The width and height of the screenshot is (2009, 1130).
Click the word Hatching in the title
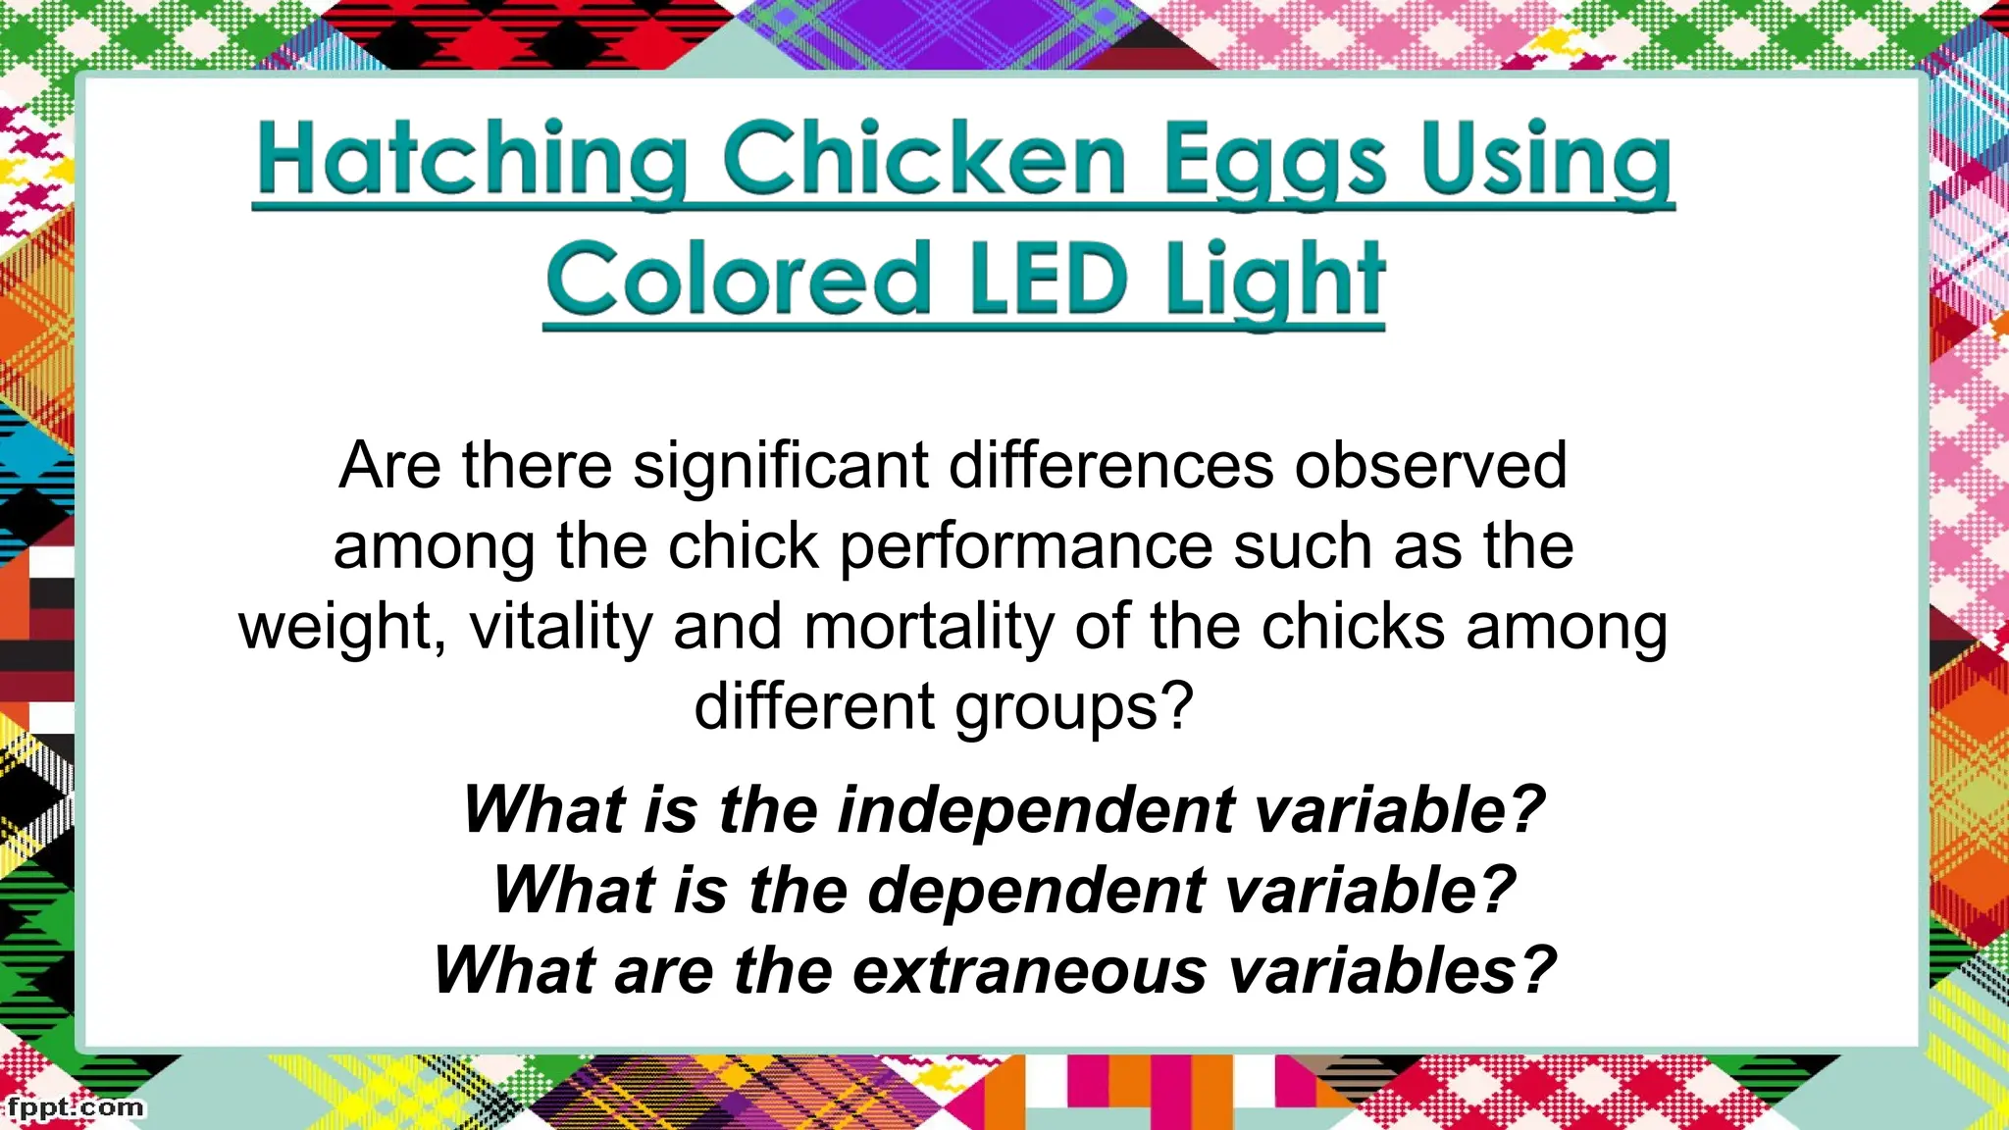(472, 160)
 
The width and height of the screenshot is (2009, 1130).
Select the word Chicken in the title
(924, 160)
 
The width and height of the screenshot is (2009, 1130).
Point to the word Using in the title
(1547, 160)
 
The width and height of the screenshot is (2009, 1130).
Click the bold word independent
(1036, 810)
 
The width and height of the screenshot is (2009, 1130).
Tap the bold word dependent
(1037, 891)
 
